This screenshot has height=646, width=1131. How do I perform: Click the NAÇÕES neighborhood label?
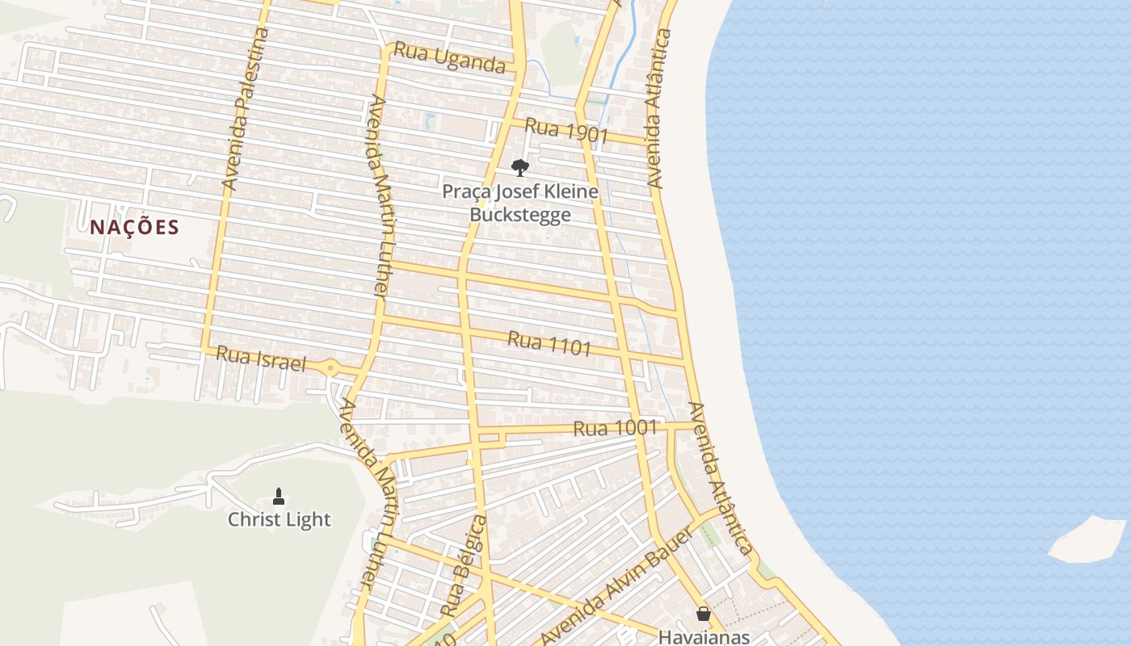tap(134, 228)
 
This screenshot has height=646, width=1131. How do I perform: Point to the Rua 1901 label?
tap(566, 131)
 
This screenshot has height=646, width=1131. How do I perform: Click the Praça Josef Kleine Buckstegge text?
tap(520, 203)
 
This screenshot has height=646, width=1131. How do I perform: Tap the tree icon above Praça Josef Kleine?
tap(520, 168)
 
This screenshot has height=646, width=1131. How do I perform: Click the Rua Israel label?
tap(261, 359)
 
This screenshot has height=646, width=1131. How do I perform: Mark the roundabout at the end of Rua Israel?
tap(330, 368)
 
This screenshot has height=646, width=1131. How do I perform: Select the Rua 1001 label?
tap(615, 428)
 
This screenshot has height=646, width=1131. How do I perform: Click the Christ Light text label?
tap(279, 519)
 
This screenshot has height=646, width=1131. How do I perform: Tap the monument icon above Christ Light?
tap(279, 496)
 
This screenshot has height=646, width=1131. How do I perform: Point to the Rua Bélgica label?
tap(465, 565)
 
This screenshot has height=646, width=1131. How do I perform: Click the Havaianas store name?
tap(704, 636)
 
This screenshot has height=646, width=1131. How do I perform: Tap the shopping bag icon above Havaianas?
tap(704, 614)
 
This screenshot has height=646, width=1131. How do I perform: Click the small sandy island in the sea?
tap(1088, 540)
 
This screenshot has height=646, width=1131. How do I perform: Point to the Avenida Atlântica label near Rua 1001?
tap(721, 478)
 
